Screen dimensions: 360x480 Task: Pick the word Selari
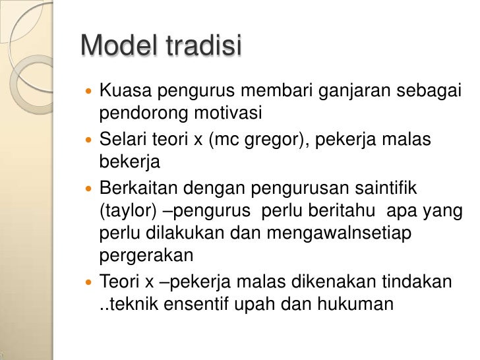coord(123,140)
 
